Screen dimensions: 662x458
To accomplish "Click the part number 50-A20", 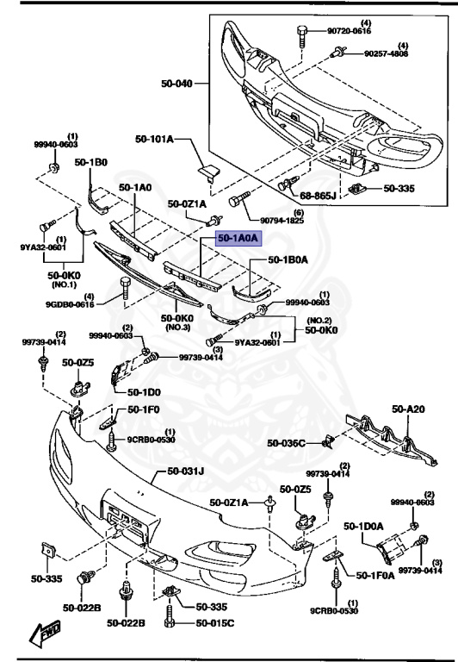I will point(410,409).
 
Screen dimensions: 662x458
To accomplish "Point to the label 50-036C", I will point(285,443).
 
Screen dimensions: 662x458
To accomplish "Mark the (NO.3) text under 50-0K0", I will point(177,328).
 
